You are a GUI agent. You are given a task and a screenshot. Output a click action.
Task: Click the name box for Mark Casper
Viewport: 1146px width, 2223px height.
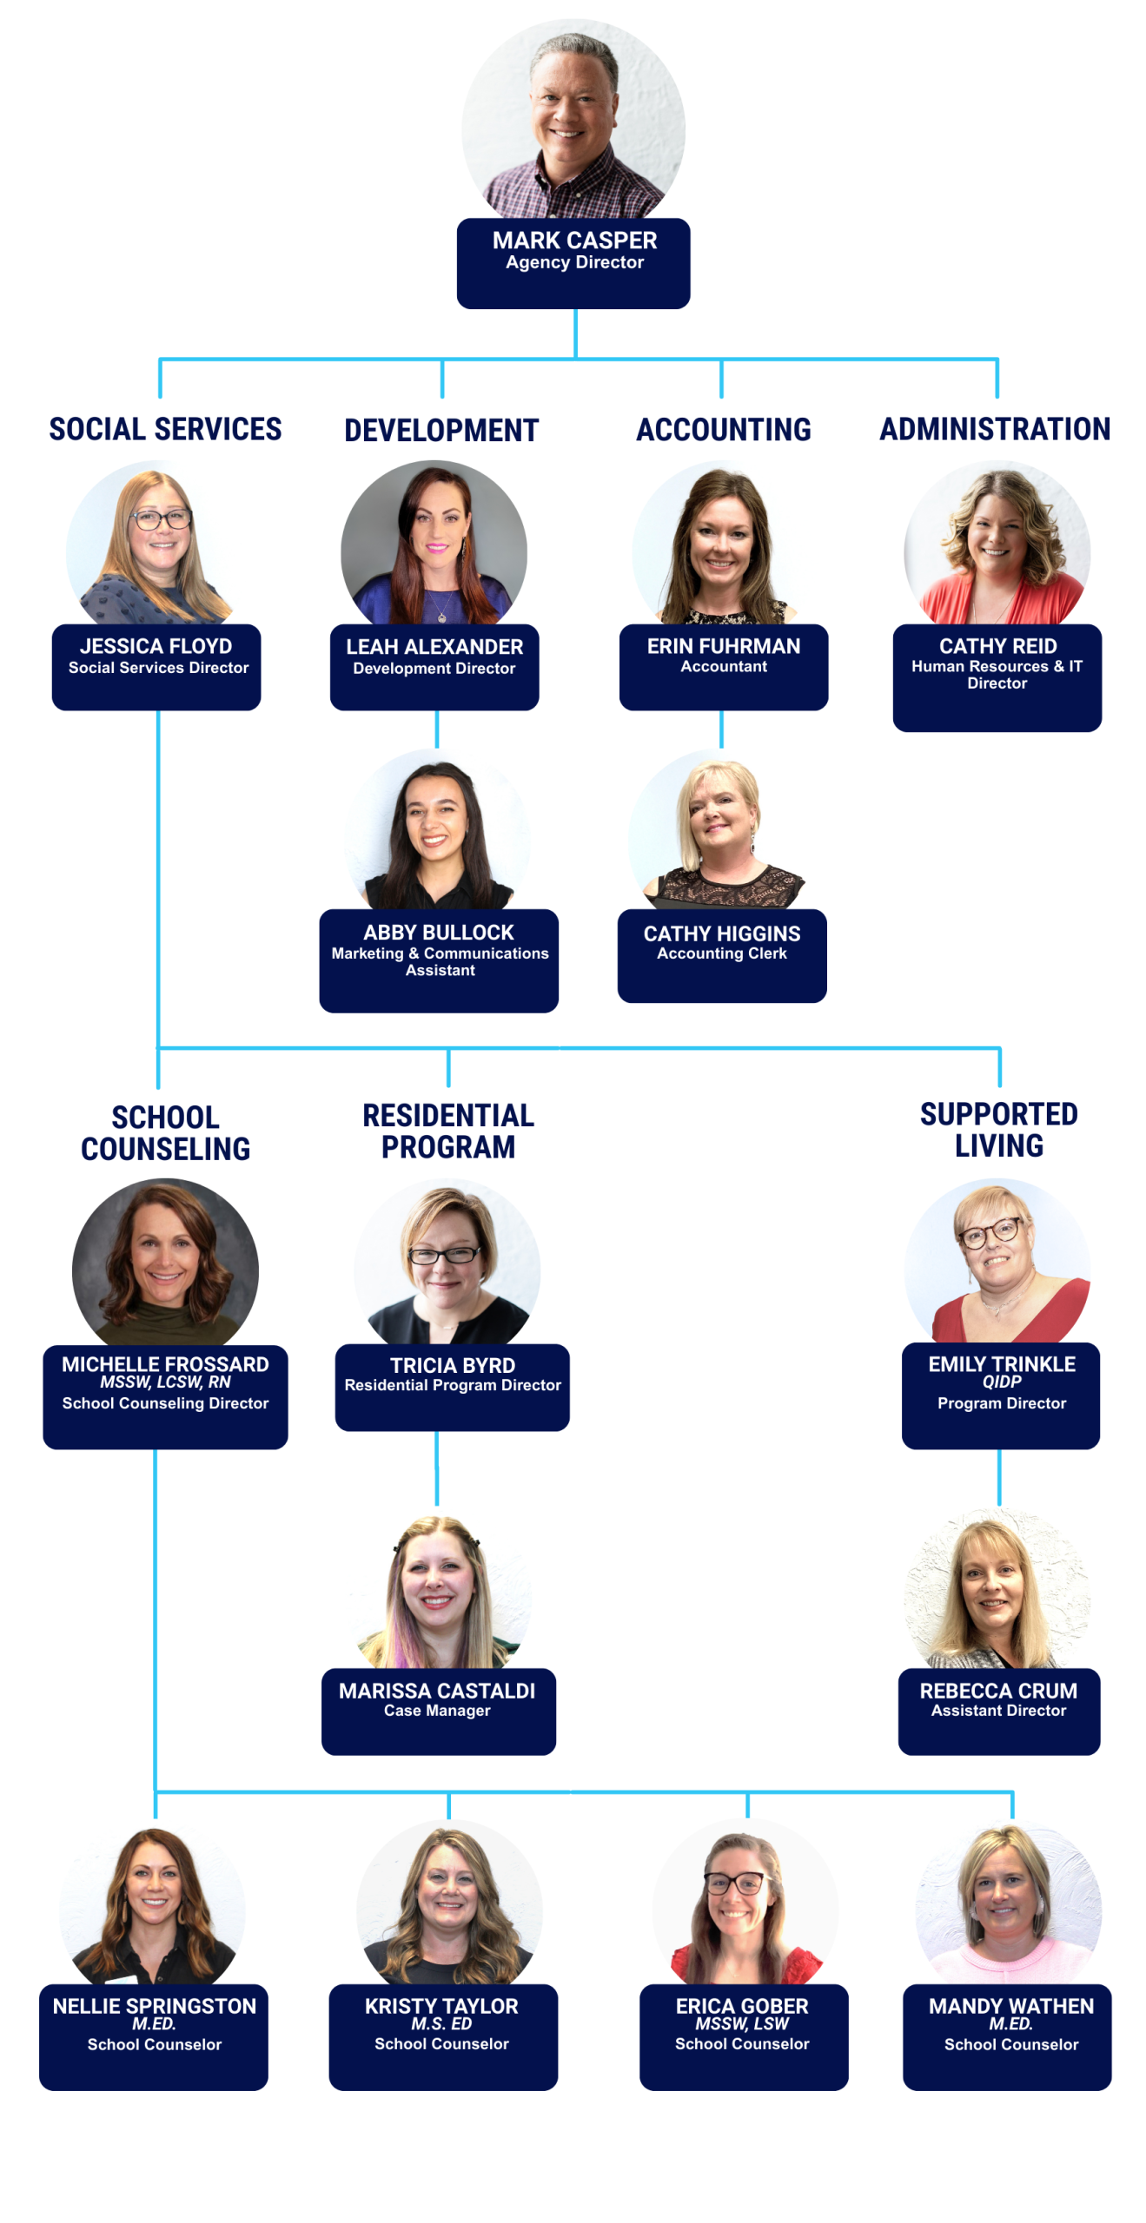click(573, 262)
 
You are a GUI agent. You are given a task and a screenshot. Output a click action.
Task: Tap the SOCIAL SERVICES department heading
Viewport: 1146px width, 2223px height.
click(165, 429)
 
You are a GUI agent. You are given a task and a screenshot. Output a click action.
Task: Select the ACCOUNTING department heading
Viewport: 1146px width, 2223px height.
click(723, 430)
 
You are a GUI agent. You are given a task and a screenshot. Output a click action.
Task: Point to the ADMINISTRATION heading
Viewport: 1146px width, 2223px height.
click(994, 429)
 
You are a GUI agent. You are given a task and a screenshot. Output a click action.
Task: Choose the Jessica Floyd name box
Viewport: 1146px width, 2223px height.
click(156, 666)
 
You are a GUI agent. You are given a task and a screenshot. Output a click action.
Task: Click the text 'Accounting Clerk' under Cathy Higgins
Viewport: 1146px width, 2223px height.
click(721, 953)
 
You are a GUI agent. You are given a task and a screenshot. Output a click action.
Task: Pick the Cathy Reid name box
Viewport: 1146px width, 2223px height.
click(996, 676)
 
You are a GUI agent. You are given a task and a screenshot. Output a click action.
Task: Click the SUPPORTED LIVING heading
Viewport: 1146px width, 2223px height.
click(998, 1129)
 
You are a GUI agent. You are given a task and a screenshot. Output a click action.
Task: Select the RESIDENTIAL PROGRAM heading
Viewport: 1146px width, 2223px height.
click(448, 1131)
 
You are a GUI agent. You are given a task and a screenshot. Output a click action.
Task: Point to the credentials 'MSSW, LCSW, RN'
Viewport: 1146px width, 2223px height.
click(165, 1382)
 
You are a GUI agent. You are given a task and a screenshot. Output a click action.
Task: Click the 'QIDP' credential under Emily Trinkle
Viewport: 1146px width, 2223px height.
click(1001, 1382)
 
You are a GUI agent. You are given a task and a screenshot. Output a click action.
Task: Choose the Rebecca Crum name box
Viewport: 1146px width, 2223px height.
click(998, 1710)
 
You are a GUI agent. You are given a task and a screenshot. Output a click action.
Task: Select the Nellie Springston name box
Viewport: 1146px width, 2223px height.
click(154, 2035)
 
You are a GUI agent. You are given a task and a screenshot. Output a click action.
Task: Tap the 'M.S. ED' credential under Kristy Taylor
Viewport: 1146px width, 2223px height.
click(441, 2023)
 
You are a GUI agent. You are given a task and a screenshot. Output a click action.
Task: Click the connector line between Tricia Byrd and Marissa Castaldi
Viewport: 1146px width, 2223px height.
click(436, 1468)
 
